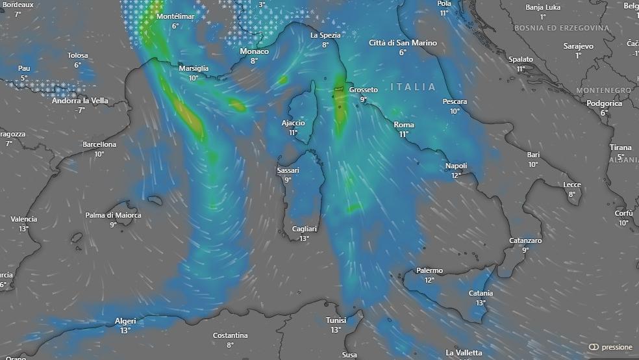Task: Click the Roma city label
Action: coord(404,125)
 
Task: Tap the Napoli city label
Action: coord(456,166)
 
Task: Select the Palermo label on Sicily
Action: coord(429,270)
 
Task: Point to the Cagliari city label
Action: coord(304,229)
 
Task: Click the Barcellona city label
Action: coord(99,144)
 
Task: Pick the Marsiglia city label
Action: coord(194,68)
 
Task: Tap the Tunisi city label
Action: coord(336,320)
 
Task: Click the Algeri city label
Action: coord(125,320)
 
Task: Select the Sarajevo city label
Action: coord(578,46)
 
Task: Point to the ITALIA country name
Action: coord(414,86)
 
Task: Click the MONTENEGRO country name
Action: coord(603,90)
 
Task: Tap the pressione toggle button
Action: coord(610,347)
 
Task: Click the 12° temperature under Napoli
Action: coord(456,175)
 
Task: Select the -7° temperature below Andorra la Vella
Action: coord(80,110)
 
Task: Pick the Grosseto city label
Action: coord(364,90)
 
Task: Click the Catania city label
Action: coord(481,293)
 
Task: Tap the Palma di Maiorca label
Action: coord(113,215)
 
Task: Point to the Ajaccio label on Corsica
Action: coord(293,123)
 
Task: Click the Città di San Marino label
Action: coord(403,43)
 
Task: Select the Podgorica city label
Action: coord(604,103)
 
